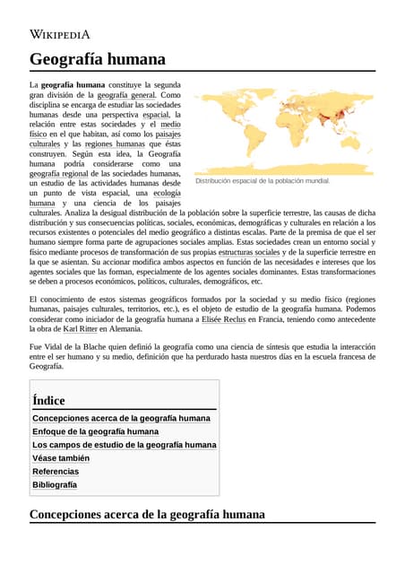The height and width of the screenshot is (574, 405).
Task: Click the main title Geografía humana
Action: (98, 59)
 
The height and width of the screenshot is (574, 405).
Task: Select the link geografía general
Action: (126, 94)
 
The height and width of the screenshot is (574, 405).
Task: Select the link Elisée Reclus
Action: (223, 318)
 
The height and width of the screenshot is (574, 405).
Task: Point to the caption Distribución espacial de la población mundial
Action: (263, 180)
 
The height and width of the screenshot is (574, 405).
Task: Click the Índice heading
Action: (48, 400)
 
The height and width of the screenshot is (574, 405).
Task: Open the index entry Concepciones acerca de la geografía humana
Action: (121, 418)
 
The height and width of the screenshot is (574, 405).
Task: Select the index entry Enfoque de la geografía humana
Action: (95, 431)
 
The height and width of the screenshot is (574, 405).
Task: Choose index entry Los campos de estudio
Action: (124, 445)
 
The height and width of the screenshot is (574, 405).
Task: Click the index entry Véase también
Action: (60, 457)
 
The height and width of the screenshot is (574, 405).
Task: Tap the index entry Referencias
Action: (56, 471)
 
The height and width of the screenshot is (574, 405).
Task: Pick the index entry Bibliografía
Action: (55, 484)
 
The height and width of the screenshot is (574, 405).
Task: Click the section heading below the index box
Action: (147, 514)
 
